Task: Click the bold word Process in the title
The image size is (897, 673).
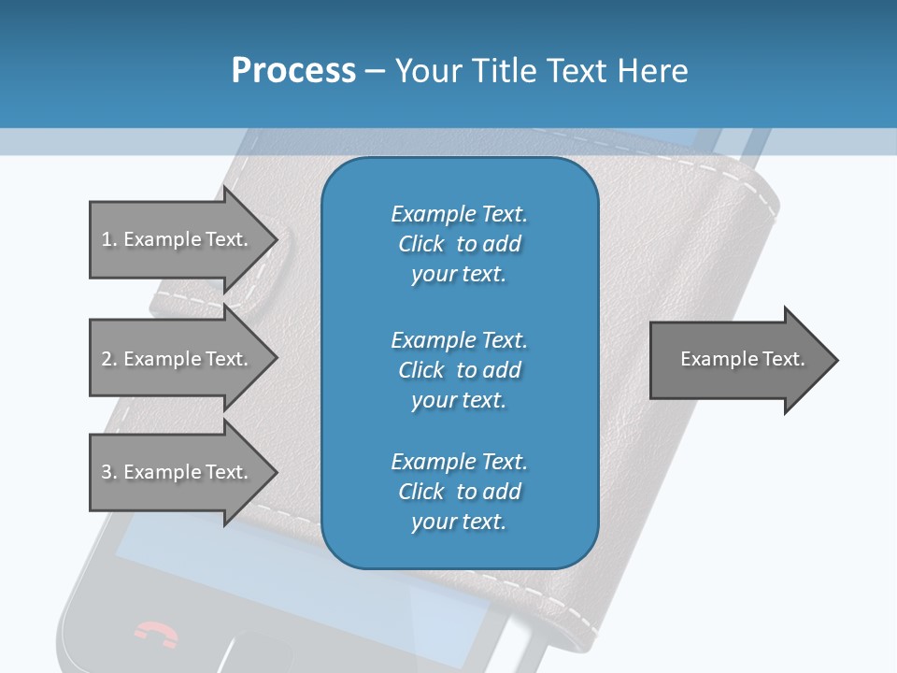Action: tap(293, 71)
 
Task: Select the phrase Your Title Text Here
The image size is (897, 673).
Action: tap(542, 71)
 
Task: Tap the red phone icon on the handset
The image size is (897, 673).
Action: tap(156, 634)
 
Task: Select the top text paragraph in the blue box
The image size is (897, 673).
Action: tap(459, 244)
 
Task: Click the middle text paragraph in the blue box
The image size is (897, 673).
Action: tap(459, 369)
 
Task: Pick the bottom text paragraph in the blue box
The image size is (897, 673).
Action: tap(459, 492)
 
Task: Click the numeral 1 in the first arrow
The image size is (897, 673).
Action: tap(106, 239)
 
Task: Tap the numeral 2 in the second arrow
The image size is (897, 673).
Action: tap(106, 359)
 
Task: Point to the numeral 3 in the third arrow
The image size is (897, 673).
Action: tap(106, 472)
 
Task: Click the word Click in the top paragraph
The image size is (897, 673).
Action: tap(420, 244)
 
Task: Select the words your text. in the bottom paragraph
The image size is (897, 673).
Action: tap(459, 522)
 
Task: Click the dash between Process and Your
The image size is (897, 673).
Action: tap(375, 71)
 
